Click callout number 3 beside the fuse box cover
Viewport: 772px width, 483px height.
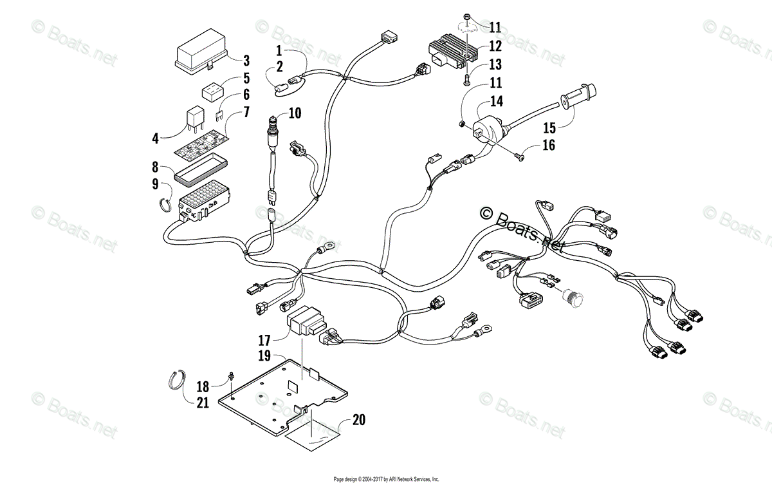click(x=246, y=62)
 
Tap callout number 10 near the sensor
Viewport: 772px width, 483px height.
click(x=294, y=113)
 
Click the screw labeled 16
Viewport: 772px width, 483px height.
click(x=520, y=154)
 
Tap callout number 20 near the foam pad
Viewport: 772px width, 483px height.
click(x=359, y=420)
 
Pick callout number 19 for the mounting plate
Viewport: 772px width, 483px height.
click(x=264, y=355)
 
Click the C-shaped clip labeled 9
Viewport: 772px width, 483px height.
click(x=165, y=204)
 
